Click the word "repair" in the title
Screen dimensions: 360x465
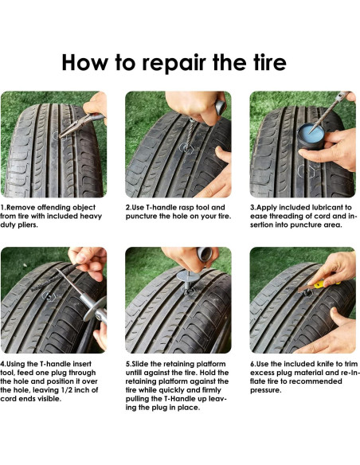coord(174,63)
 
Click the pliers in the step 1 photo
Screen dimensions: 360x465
coord(82,125)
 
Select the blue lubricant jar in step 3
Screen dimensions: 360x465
coord(311,137)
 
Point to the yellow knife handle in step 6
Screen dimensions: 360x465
coord(323,283)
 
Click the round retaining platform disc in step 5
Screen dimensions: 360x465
coord(189,276)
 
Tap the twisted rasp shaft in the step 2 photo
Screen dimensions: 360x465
coord(190,134)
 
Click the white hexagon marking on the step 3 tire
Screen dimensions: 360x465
coord(306,171)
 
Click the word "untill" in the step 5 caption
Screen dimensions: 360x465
coord(135,373)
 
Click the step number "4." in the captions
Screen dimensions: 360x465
coord(3,364)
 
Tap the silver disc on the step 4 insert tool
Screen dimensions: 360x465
coord(94,309)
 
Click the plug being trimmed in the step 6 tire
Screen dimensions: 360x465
coord(307,293)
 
